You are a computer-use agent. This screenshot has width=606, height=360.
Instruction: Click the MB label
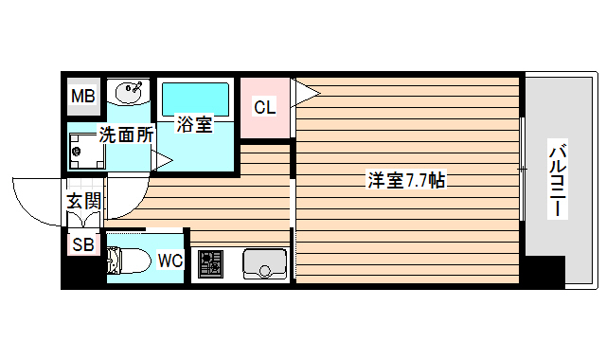click(82, 96)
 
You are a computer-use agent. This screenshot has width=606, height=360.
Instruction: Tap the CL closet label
click(264, 106)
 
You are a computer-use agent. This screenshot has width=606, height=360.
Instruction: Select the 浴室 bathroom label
click(194, 124)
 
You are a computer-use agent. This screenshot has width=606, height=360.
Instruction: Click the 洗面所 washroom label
click(126, 135)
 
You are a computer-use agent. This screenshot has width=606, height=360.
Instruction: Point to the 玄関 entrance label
click(83, 201)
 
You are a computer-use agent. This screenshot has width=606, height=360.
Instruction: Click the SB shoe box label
click(82, 245)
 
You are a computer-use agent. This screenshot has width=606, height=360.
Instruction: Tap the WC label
click(170, 260)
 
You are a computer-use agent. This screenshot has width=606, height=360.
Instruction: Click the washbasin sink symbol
click(128, 93)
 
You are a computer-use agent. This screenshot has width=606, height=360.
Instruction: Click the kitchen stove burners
click(209, 262)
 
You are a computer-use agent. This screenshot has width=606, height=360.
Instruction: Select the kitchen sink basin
click(264, 262)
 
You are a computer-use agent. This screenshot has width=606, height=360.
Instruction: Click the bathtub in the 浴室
click(195, 97)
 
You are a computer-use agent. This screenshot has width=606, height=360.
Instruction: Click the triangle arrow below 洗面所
click(162, 160)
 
